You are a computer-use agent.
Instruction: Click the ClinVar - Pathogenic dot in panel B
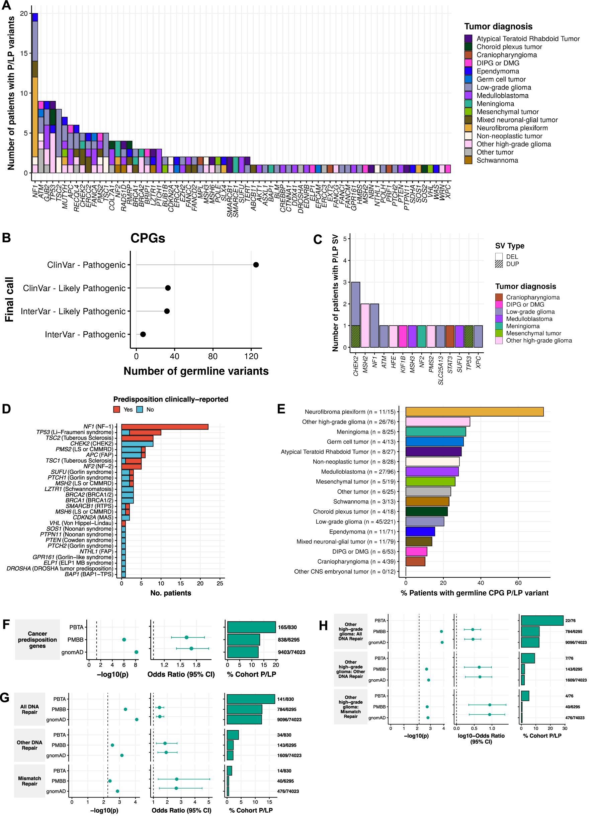point(256,264)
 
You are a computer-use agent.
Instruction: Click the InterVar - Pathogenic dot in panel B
point(143,334)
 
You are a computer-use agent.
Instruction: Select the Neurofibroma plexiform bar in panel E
point(474,411)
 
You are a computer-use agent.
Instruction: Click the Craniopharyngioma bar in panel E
point(415,561)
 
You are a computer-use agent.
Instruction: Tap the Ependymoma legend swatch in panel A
point(468,71)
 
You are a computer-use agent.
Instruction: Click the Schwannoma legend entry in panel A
point(497,160)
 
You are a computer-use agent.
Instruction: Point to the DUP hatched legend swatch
point(498,264)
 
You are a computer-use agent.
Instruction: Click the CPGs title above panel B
point(148,238)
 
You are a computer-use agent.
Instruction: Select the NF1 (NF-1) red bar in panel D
point(165,426)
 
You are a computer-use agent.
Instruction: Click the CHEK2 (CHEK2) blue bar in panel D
point(137,443)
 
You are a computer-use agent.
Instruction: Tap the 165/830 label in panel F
point(287,627)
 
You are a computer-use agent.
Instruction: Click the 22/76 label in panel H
point(570,620)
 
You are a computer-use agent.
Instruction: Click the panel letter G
point(5,697)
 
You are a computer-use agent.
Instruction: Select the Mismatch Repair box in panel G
point(29,781)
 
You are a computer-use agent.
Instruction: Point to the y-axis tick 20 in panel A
point(24,13)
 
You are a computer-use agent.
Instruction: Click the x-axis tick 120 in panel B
point(251,356)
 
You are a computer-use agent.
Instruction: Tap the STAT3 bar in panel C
point(450,336)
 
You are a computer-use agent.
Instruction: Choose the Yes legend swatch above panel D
point(116,409)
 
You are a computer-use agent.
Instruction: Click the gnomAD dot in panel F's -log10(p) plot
point(136,652)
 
